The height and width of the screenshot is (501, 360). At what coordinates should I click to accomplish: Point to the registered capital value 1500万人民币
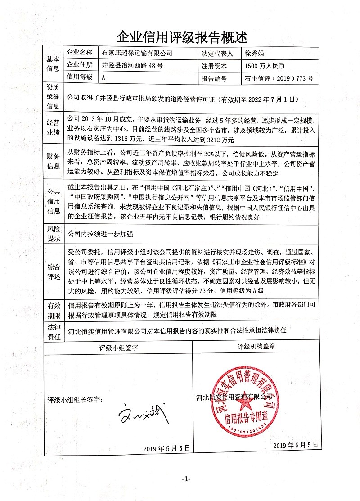(265, 65)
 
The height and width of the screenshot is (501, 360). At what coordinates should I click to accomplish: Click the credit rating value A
(104, 77)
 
